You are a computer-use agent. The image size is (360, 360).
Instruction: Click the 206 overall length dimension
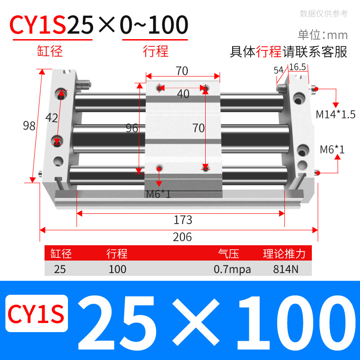click(x=182, y=237)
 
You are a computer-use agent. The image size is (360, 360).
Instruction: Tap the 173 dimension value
click(x=183, y=220)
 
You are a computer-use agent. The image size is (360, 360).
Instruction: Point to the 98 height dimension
click(x=29, y=126)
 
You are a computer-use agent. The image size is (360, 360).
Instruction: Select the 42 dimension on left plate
click(x=52, y=118)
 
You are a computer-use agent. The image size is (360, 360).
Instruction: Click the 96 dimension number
click(x=132, y=128)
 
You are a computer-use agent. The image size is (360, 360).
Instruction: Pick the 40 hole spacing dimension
click(x=183, y=94)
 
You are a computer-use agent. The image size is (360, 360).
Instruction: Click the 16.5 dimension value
click(x=297, y=67)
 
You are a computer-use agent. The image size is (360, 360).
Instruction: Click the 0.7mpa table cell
click(x=232, y=270)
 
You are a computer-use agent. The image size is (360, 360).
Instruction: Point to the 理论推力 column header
click(x=284, y=254)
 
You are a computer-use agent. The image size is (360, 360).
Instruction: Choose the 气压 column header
click(x=229, y=254)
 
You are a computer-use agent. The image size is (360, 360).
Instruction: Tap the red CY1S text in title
click(x=39, y=26)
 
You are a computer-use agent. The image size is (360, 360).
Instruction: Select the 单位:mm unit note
click(x=323, y=35)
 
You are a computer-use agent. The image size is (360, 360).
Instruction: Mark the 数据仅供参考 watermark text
click(x=324, y=13)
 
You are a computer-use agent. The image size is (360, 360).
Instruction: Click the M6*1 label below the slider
click(x=158, y=194)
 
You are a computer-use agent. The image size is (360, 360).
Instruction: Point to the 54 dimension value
click(x=278, y=70)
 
